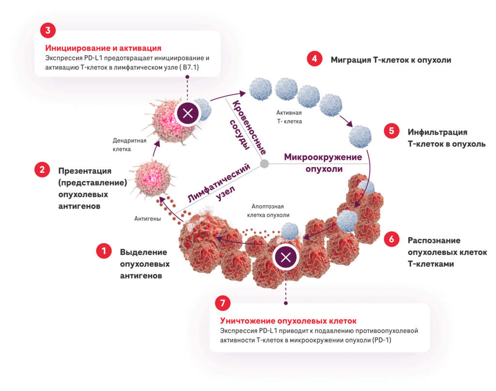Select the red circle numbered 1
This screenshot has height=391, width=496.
(x=103, y=251)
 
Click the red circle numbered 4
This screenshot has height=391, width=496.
(x=314, y=59)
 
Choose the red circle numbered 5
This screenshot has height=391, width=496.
(x=391, y=131)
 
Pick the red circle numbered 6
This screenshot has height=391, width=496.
(x=391, y=239)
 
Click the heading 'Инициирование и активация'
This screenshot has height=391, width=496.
(x=103, y=48)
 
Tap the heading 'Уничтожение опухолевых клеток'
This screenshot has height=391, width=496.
(x=288, y=321)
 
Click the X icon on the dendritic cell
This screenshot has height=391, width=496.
(x=187, y=115)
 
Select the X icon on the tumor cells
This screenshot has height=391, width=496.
(x=286, y=257)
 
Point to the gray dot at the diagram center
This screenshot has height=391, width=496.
(x=264, y=164)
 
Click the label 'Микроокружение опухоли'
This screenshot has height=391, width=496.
(x=323, y=163)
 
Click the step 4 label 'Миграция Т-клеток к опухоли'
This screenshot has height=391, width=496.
(x=391, y=60)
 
